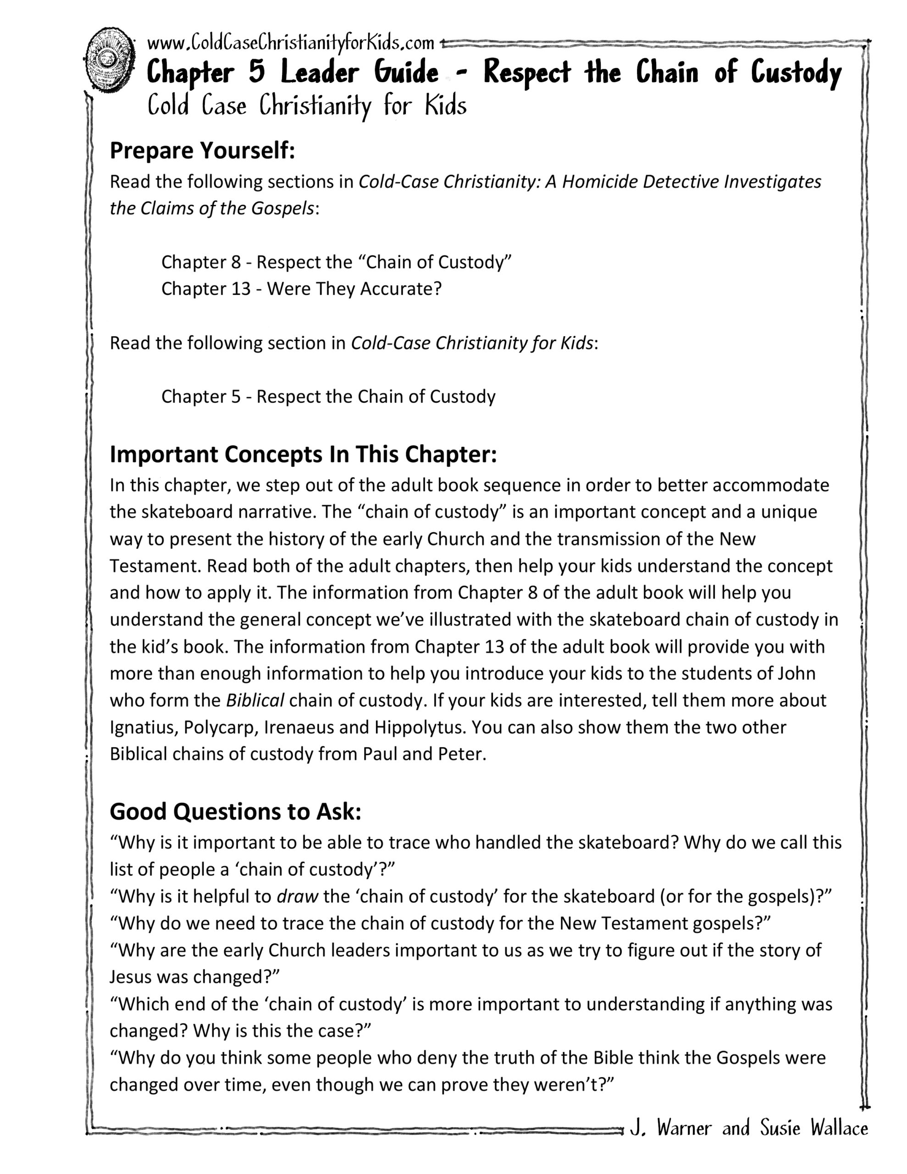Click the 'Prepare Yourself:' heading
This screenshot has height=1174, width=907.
(x=202, y=150)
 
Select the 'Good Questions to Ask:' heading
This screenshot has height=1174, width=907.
(x=235, y=811)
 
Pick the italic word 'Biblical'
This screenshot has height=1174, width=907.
(x=255, y=700)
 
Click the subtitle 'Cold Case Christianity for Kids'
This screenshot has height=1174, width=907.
(x=306, y=105)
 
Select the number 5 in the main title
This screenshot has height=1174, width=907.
(x=256, y=72)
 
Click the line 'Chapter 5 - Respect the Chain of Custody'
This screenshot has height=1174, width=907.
(x=328, y=396)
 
